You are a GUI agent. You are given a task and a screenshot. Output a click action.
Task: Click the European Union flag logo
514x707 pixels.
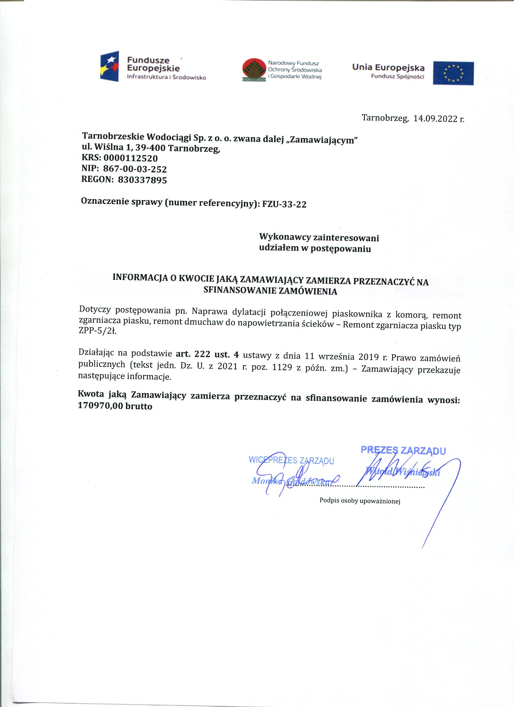point(453,73)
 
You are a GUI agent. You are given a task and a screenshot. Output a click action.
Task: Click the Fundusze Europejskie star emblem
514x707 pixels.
point(109,66)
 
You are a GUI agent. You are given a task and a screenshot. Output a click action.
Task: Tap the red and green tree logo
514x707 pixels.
point(254,70)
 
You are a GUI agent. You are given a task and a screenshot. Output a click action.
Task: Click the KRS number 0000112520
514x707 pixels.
point(130,158)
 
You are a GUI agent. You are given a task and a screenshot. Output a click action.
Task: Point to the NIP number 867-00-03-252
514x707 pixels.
point(135,169)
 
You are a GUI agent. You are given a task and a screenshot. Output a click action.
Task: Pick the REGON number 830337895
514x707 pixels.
point(142,180)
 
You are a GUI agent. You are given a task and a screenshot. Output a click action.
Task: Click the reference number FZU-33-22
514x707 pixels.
point(284,204)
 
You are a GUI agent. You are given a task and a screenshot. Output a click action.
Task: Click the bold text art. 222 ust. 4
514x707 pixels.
point(207,354)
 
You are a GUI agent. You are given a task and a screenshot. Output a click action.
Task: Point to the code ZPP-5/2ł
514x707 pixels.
point(97,331)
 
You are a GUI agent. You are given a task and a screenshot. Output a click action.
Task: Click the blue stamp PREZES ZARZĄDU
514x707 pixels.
point(403,450)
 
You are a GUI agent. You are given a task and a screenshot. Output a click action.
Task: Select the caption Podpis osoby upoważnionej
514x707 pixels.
point(359,501)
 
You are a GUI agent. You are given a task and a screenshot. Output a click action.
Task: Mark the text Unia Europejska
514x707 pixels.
point(388,68)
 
